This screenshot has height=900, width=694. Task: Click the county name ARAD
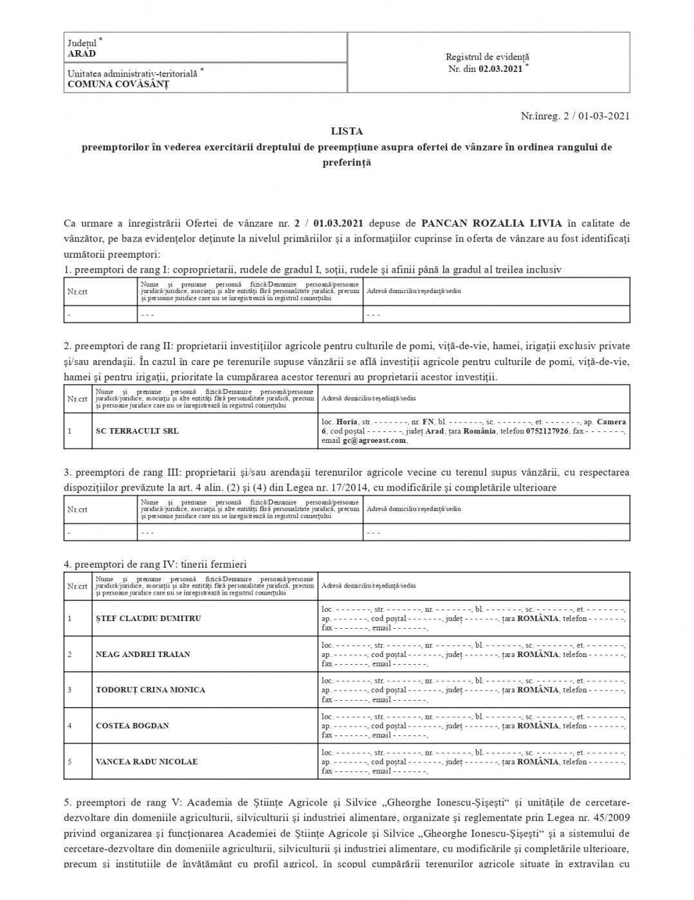pos(82,54)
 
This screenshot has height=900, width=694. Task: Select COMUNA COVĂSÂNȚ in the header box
pos(118,84)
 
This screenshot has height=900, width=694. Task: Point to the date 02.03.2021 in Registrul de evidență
pos(500,69)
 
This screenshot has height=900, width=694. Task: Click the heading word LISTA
pos(347,131)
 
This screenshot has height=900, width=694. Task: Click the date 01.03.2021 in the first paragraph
pos(339,223)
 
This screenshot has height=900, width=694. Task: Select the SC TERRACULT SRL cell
pos(137,431)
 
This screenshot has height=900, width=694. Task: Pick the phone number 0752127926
pos(547,431)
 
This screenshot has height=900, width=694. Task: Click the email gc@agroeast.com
pos(374,440)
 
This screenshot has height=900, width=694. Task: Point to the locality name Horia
pos(347,422)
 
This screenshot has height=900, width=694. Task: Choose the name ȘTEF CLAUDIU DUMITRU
pos(148,618)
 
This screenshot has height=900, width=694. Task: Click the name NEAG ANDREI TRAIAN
pos(143,654)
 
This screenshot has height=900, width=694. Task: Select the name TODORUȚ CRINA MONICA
pos(151,690)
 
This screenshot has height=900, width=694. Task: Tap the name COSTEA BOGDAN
pos(132,726)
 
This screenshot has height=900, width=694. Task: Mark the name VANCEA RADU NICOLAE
pos(147,762)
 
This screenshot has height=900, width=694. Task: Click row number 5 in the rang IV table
pos(69,762)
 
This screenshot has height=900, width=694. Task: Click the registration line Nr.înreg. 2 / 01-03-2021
pos(575,116)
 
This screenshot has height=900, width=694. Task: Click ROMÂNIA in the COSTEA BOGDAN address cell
pos(538,726)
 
